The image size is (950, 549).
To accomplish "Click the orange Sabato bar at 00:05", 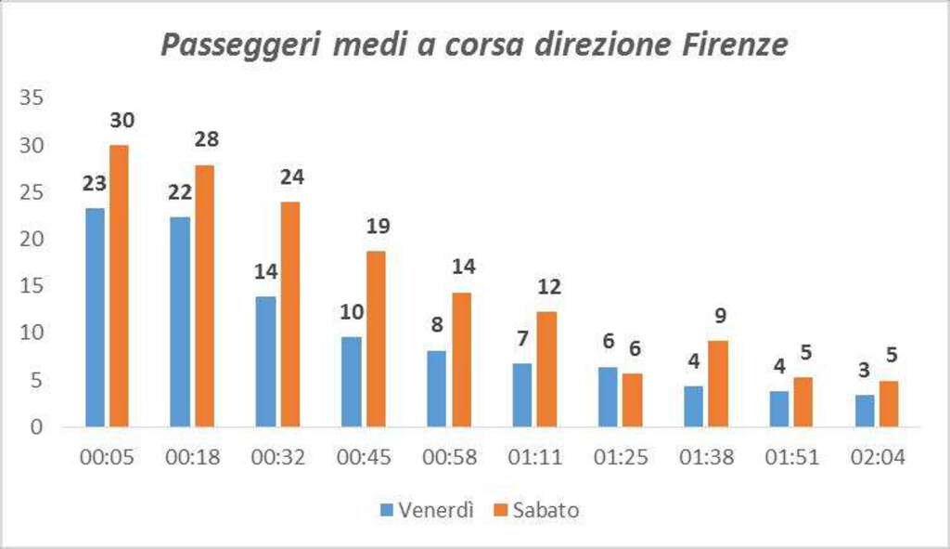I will (120, 286).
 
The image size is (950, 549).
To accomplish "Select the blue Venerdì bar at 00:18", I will (179, 321).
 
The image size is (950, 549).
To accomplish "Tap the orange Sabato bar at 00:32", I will (289, 314).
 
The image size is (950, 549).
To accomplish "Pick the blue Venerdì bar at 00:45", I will (351, 382).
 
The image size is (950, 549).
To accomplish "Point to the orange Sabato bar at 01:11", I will (546, 369).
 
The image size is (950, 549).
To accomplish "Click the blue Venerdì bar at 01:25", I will (608, 397).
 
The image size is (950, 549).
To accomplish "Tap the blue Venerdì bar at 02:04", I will (864, 411).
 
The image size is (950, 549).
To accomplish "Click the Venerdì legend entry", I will (428, 509).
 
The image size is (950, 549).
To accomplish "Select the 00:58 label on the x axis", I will (449, 458).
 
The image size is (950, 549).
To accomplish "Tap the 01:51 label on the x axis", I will (791, 458).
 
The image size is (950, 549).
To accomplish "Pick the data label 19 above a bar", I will (378, 226).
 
